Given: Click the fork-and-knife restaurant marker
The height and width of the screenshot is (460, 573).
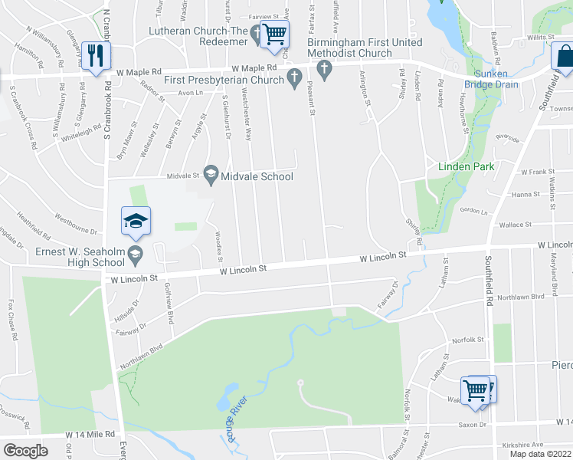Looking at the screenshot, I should [x=96, y=55].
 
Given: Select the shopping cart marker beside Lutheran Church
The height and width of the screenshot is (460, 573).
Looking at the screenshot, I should [x=274, y=34].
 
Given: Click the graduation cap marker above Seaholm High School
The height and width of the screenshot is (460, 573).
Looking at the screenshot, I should [x=136, y=222].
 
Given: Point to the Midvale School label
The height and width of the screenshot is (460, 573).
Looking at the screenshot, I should [x=257, y=176].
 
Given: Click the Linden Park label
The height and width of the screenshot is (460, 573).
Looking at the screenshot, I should [x=466, y=166].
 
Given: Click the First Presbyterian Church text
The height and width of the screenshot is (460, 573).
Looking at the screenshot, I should [x=224, y=80].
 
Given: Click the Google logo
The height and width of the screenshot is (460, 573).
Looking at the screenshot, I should [x=25, y=451].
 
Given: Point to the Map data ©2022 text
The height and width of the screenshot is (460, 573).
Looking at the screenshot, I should [x=540, y=454].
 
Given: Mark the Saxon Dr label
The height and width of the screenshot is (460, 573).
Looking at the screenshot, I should [x=472, y=424].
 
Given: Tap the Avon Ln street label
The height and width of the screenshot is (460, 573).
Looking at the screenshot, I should [x=190, y=93].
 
